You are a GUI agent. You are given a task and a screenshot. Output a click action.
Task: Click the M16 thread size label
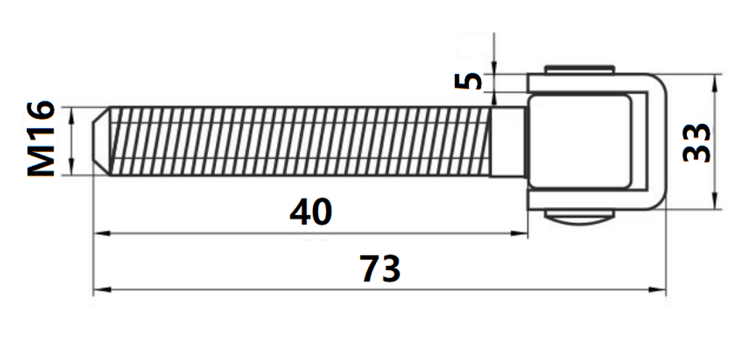pos(41,139)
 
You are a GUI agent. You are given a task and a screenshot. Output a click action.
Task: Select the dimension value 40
pos(310,212)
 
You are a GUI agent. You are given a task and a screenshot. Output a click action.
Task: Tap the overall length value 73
pos(380,269)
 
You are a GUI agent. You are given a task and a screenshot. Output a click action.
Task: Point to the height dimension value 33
pos(697,143)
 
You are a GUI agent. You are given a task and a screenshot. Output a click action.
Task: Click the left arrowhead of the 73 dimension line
pos(100,290)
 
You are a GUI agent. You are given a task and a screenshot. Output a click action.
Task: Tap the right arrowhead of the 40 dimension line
pos(522,233)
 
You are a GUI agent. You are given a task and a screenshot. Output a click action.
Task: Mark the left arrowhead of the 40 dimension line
pos(100,233)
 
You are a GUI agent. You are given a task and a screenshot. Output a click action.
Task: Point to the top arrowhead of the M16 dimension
pos(72,114)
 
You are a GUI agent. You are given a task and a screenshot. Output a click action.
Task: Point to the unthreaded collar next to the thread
pos(507,141)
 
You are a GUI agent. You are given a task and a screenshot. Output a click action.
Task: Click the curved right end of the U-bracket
pos(655,141)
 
